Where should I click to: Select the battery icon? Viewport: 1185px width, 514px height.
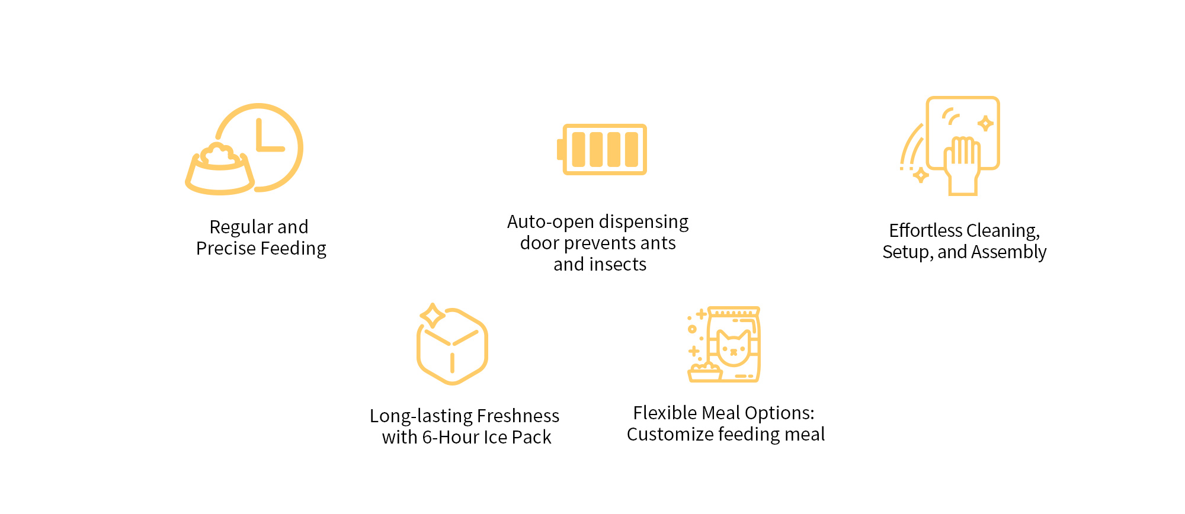602,149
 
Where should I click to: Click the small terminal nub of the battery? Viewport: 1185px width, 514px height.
560,149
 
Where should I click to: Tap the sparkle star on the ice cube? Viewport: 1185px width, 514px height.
433,315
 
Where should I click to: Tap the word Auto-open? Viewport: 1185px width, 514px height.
550,222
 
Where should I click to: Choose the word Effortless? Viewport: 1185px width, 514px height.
925,230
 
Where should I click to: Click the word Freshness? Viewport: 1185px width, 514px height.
518,416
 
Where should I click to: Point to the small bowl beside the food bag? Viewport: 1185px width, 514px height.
704,373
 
